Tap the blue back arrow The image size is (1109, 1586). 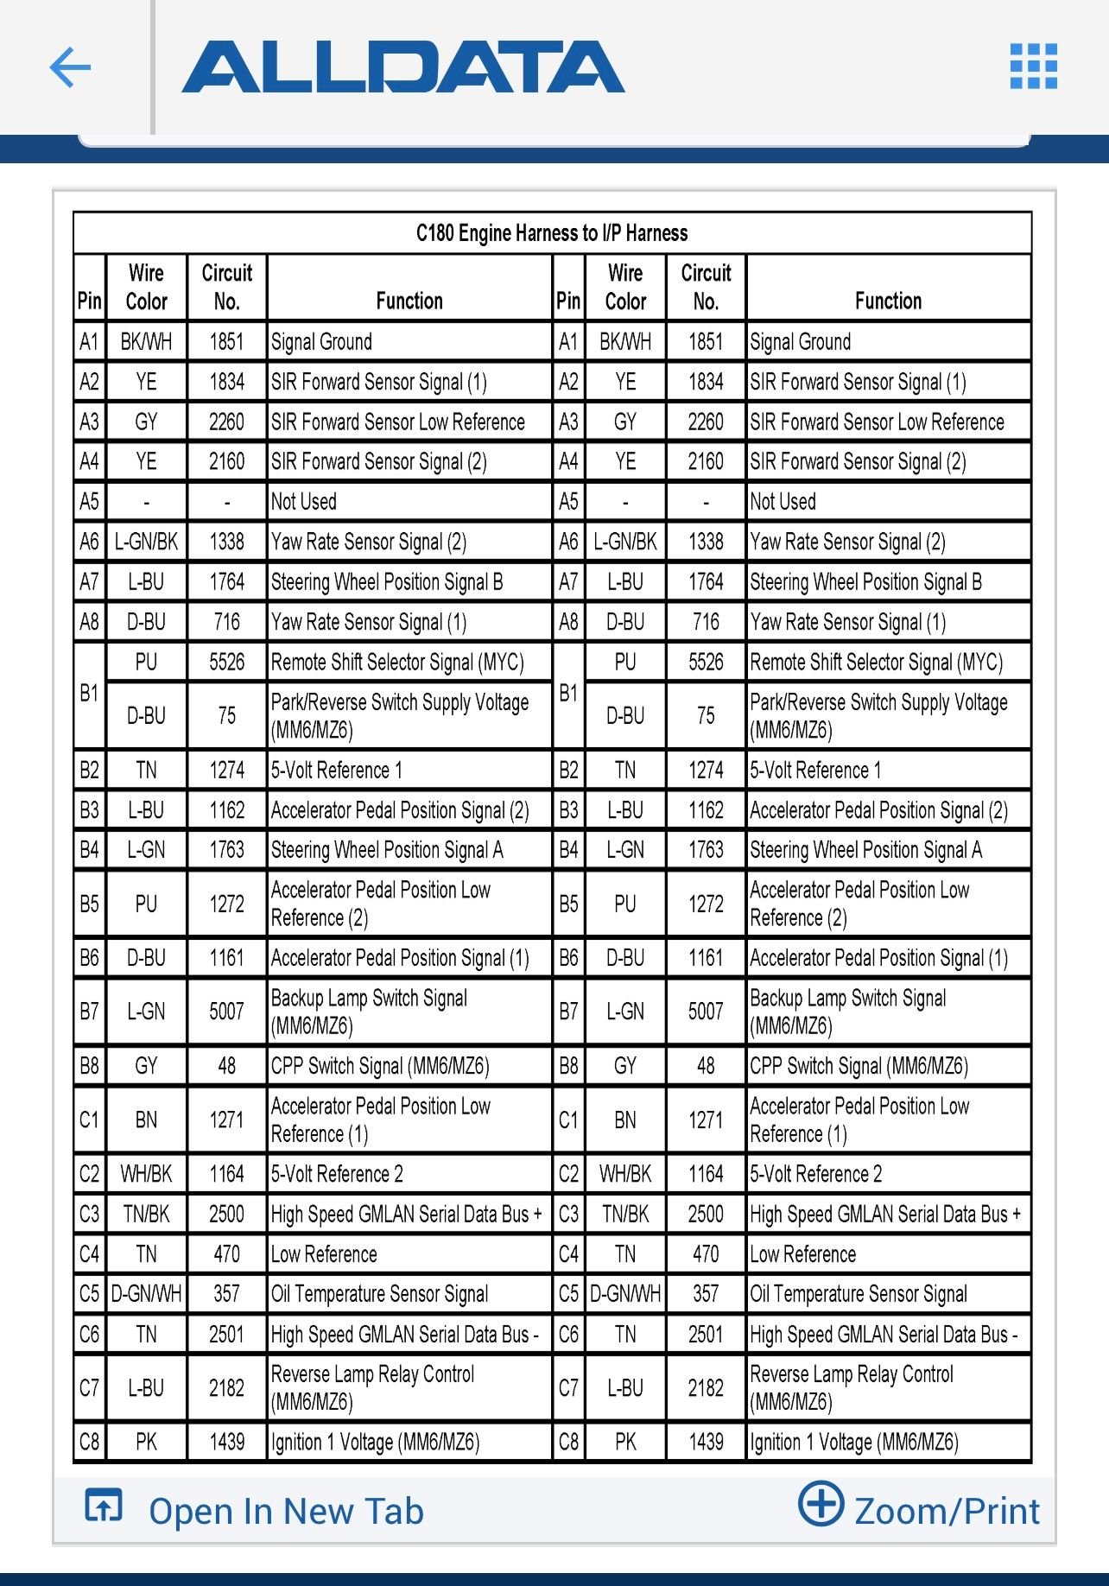(x=71, y=67)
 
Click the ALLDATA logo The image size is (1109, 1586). (x=402, y=67)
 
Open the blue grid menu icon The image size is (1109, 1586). (x=1033, y=67)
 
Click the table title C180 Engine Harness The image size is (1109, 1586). (x=552, y=232)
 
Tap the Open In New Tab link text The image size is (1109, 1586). (x=286, y=1512)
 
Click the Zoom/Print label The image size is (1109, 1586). (x=947, y=1512)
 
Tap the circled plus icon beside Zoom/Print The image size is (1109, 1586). (x=820, y=1504)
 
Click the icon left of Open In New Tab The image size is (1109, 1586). (x=104, y=1506)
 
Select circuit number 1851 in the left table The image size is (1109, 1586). (x=226, y=342)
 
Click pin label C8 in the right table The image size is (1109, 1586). (x=568, y=1442)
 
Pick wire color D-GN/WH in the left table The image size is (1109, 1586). (x=146, y=1294)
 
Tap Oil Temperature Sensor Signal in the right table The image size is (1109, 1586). (x=859, y=1294)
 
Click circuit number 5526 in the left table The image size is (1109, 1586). (x=226, y=663)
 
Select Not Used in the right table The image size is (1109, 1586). (x=783, y=502)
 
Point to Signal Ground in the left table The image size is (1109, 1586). (x=321, y=342)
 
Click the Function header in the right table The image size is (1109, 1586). (x=888, y=301)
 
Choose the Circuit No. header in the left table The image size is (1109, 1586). (x=226, y=287)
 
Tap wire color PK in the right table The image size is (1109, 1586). (x=625, y=1442)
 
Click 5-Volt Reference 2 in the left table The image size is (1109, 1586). (x=337, y=1174)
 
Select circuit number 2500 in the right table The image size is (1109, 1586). (x=706, y=1214)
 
